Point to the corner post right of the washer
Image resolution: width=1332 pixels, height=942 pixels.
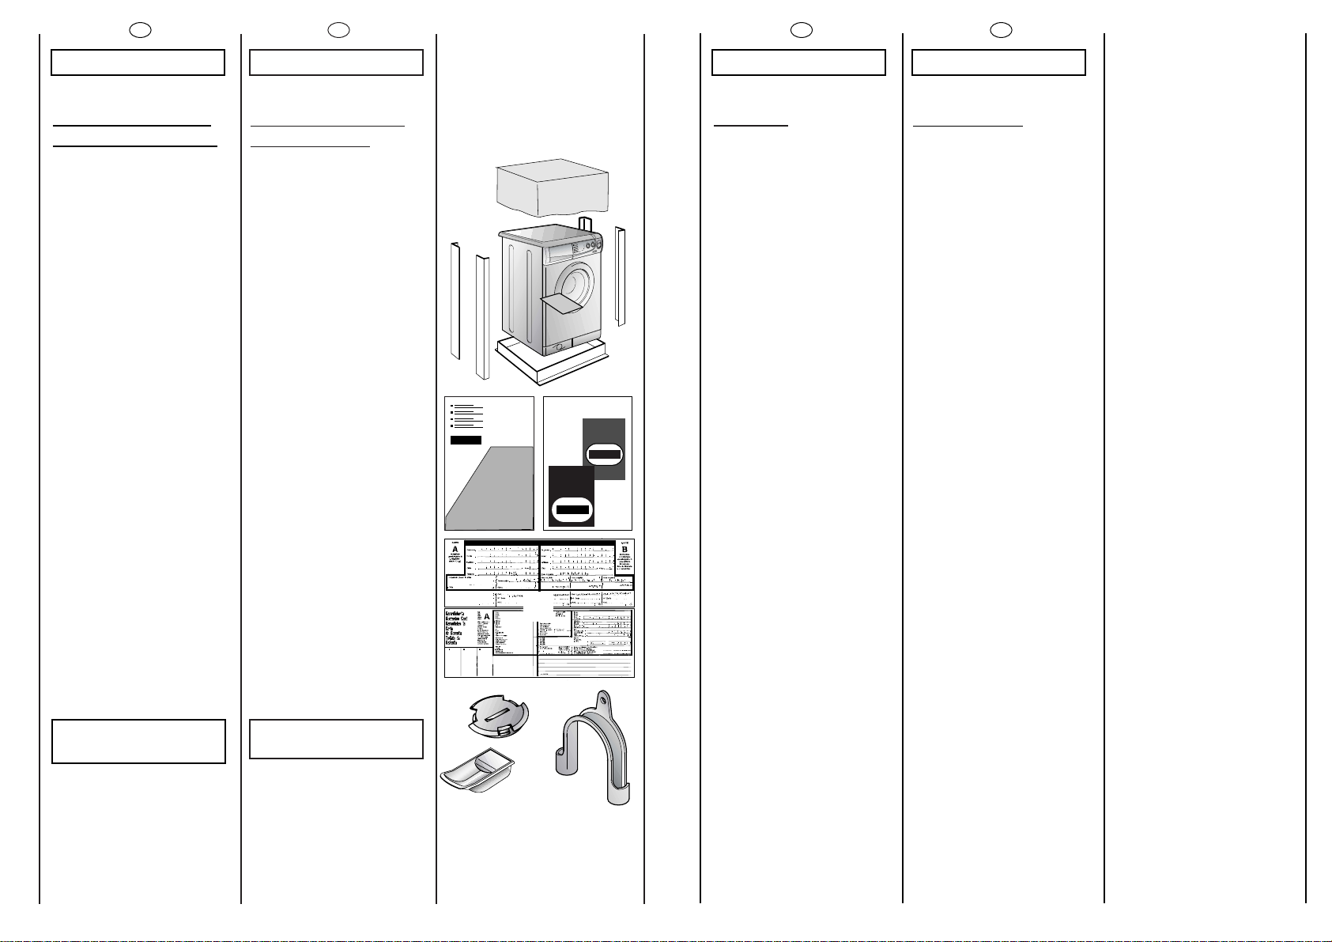pyautogui.click(x=621, y=277)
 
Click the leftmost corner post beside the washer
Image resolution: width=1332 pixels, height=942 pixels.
pyautogui.click(x=455, y=301)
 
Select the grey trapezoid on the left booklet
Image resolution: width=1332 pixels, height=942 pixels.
pyautogui.click(x=486, y=490)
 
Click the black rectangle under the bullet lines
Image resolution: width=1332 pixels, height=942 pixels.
pyautogui.click(x=466, y=440)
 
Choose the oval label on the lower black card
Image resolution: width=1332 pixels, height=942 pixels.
pyautogui.click(x=572, y=509)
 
